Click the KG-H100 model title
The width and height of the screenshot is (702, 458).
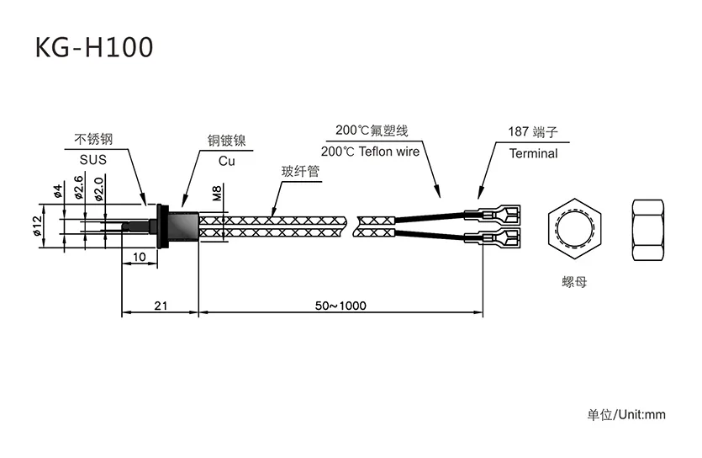tap(94, 47)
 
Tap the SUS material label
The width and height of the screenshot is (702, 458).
tap(94, 160)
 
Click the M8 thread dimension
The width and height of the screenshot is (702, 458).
tap(217, 194)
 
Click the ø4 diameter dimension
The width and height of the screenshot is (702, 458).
tap(58, 191)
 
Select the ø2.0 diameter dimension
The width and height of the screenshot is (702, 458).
tap(99, 188)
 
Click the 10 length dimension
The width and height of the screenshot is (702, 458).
tap(140, 256)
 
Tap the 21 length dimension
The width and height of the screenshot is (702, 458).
tap(159, 306)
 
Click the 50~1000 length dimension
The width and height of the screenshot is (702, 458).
tap(340, 306)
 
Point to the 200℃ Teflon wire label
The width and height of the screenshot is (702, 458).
tap(370, 152)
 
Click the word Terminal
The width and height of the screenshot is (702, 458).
tap(533, 153)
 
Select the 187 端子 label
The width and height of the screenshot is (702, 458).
tap(533, 132)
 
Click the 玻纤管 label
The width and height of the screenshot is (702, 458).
tap(300, 172)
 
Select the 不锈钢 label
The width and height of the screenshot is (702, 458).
tap(93, 139)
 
